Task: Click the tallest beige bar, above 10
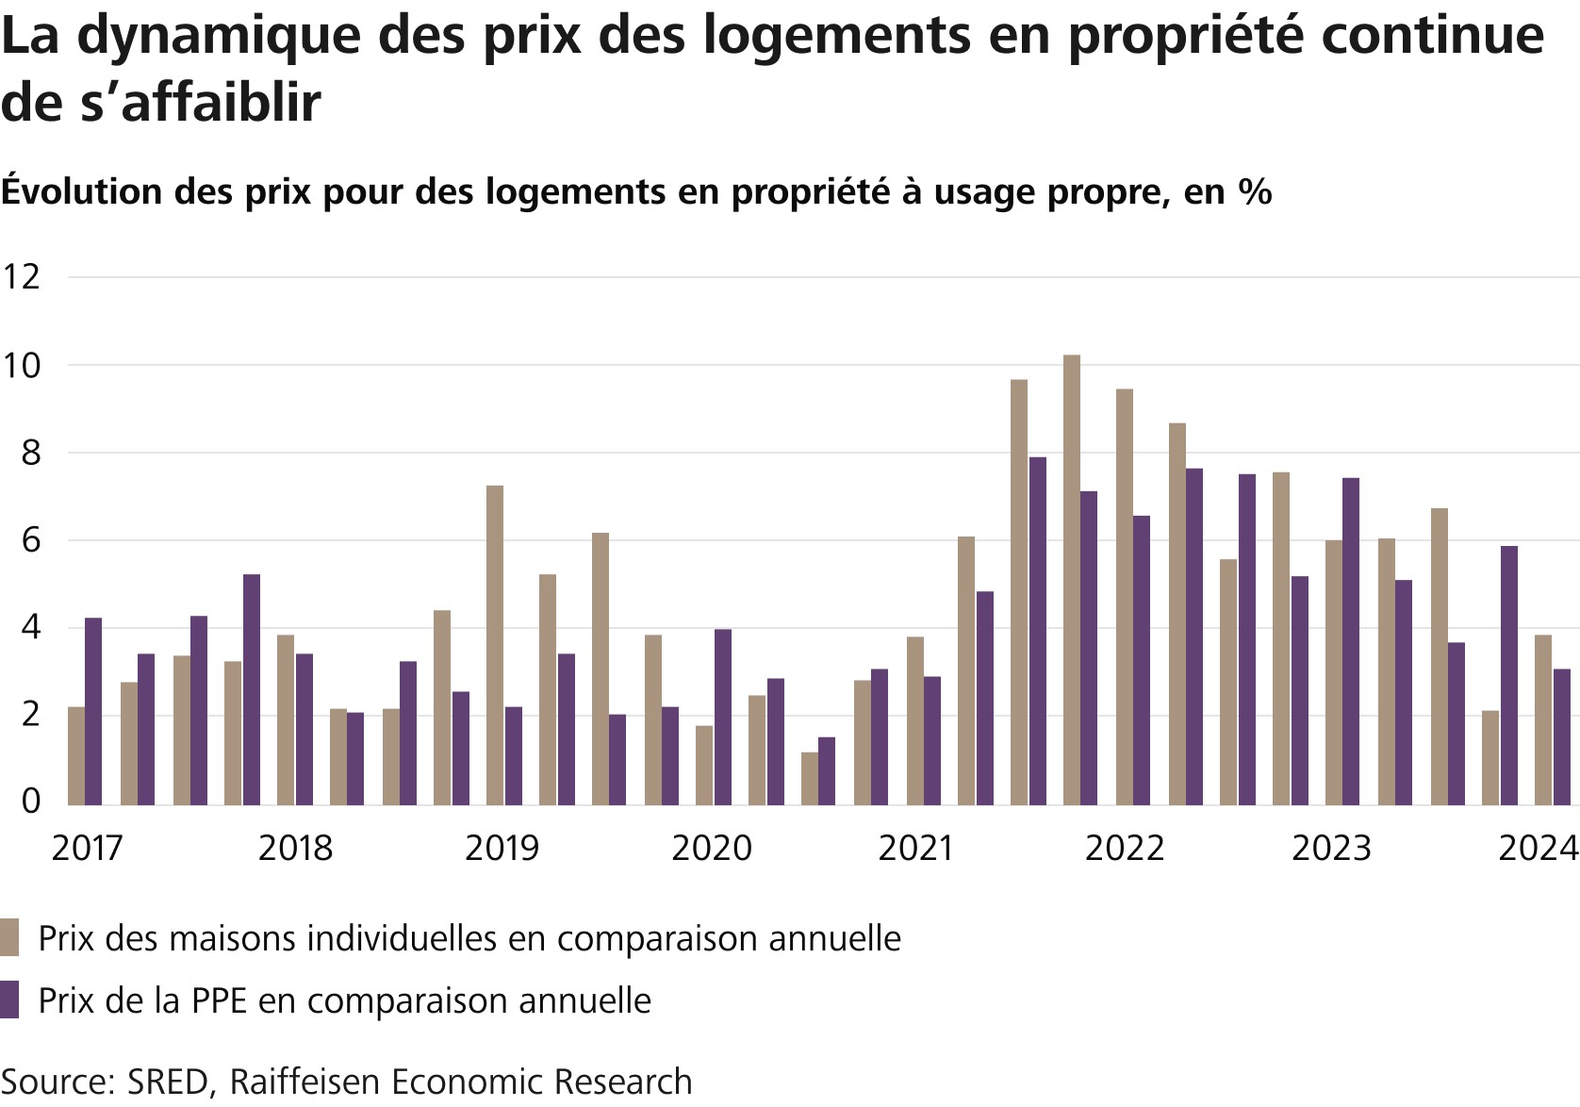pos(1071,579)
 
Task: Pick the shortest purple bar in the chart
pos(826,770)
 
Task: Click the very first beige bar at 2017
pos(75,755)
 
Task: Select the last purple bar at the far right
pos(1562,736)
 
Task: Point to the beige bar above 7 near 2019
pos(494,645)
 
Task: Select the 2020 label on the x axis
pos(711,849)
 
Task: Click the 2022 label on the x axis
pos(1124,849)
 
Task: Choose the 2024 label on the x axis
pos(1538,849)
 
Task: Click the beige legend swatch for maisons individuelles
pos(9,938)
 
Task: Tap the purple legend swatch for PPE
pos(9,1000)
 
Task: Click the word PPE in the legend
pos(219,1000)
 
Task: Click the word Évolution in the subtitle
pos(82,191)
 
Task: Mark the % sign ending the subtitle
pos(1255,191)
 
